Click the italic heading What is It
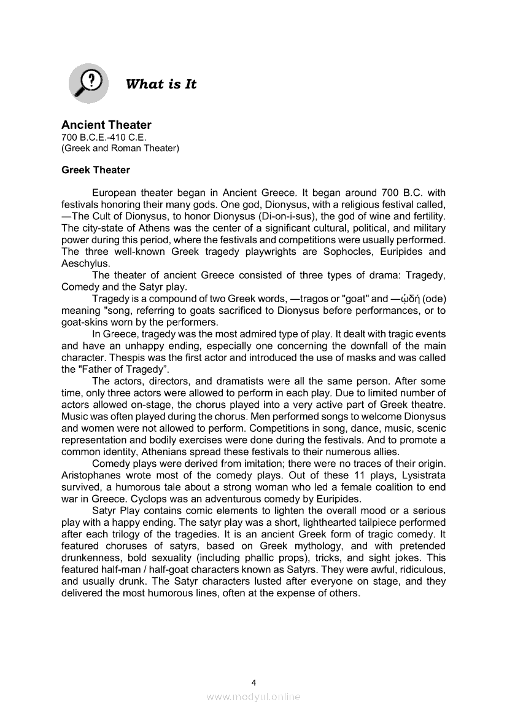pos(161,85)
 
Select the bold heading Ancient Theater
pos(106,125)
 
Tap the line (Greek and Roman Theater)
pos(120,148)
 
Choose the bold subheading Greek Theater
pos(95,170)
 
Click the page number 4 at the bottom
pos(253,682)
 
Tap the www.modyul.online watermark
pos(253,697)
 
